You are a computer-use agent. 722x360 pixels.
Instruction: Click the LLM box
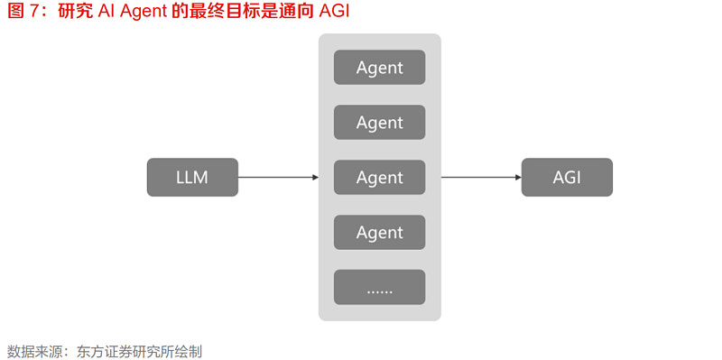pos(192,178)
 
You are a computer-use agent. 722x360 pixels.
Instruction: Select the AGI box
pos(567,178)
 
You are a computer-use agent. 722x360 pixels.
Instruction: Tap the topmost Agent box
pos(379,68)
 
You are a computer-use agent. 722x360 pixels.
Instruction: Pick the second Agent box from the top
pos(379,123)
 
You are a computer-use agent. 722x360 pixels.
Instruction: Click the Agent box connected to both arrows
pos(379,178)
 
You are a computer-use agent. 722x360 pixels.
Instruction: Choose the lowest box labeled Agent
pos(379,233)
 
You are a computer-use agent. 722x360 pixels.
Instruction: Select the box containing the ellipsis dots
pos(379,287)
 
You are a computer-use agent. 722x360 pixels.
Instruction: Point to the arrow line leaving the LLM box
pos(275,178)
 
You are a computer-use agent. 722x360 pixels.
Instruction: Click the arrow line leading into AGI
pos(478,178)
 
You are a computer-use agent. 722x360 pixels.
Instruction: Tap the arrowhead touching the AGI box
pos(517,178)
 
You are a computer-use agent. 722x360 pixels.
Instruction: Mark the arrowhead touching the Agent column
pos(315,178)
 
